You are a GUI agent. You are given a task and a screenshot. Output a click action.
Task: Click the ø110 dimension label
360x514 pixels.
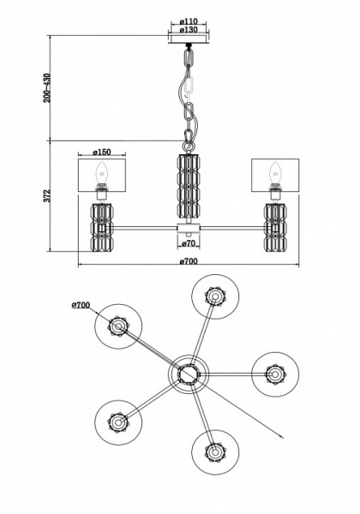(189, 21)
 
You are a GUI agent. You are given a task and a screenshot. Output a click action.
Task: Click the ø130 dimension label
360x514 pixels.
(189, 29)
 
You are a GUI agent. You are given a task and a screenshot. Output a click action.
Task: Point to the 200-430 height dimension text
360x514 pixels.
(47, 88)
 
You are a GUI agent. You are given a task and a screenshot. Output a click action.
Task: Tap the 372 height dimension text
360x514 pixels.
(47, 195)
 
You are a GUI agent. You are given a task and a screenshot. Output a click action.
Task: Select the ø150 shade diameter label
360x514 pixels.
(102, 152)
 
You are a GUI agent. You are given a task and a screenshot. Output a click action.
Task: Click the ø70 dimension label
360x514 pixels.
(189, 243)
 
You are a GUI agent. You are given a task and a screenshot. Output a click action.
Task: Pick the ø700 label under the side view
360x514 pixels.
(189, 261)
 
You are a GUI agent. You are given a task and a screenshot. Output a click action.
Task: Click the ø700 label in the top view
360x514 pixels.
(81, 305)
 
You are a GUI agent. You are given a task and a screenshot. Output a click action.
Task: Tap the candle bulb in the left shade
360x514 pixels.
(102, 173)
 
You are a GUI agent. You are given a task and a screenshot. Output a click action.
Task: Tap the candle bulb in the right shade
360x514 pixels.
(275, 173)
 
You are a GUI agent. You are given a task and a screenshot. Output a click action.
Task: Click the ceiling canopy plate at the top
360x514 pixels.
(189, 39)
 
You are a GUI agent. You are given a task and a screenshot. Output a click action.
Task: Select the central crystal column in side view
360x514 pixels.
(189, 184)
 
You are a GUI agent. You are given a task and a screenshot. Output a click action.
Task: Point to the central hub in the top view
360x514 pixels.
(189, 374)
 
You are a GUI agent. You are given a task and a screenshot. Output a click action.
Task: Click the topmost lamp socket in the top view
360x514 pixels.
(215, 297)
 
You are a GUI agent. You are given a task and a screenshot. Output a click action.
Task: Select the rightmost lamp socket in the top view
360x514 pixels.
(275, 374)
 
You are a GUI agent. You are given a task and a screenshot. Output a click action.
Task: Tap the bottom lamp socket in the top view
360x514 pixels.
(215, 451)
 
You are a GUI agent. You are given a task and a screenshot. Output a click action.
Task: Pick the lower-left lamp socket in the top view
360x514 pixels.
(118, 421)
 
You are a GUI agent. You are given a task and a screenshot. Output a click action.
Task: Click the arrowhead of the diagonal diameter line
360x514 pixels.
(281, 436)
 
